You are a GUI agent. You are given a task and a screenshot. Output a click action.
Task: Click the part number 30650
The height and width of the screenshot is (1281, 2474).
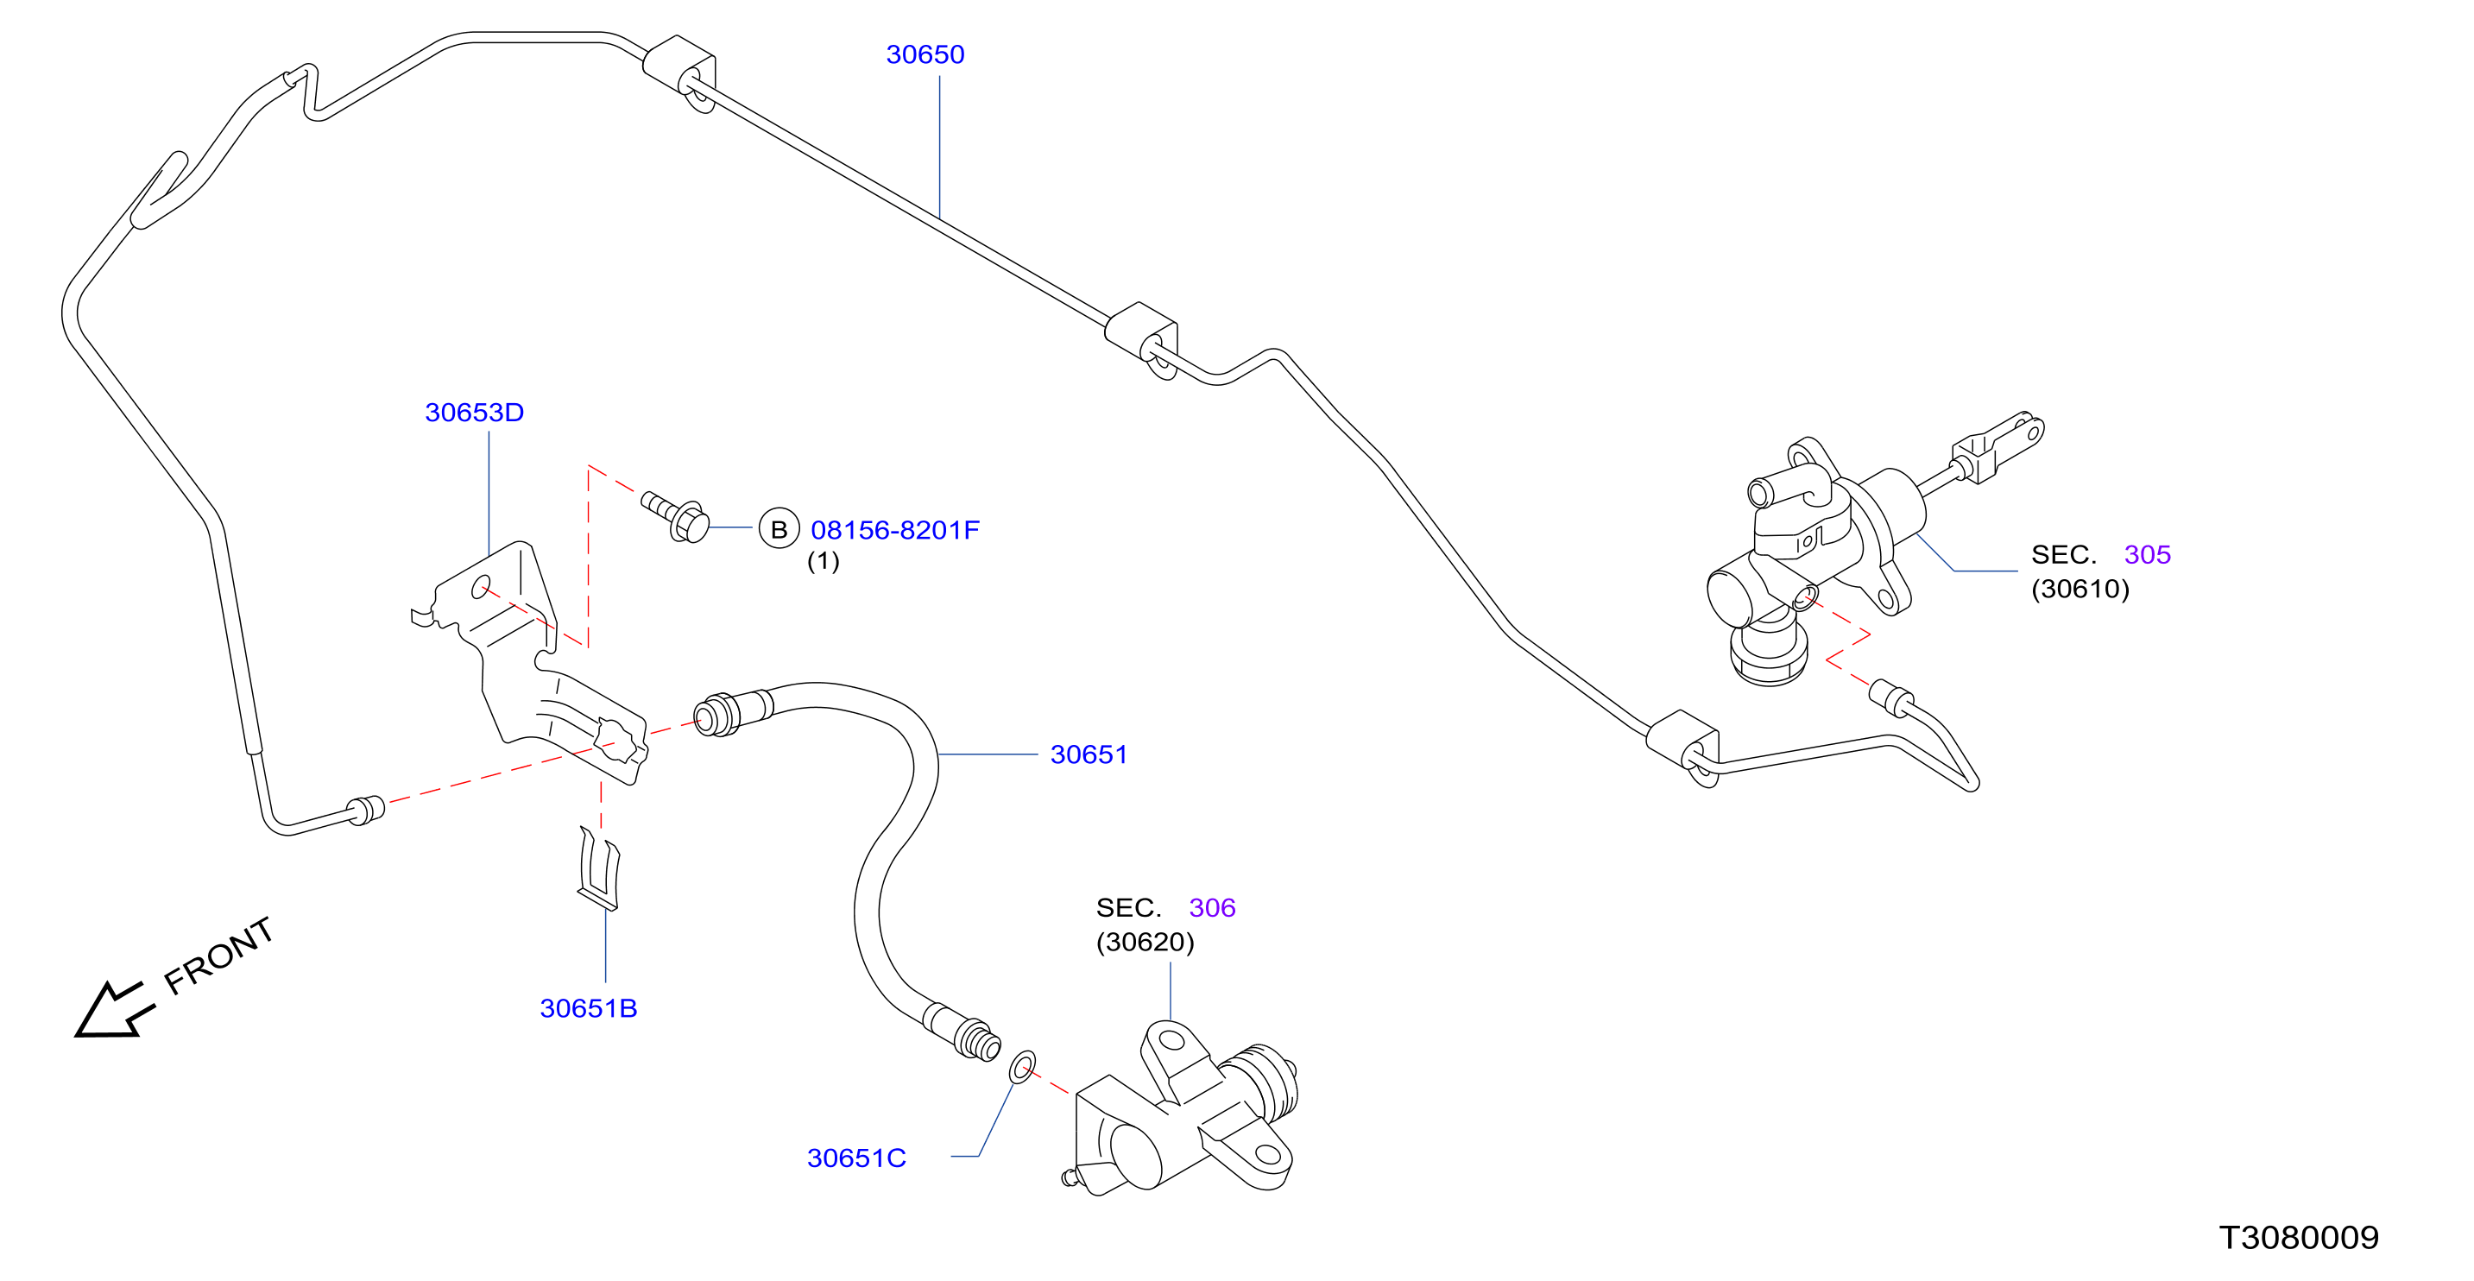pos(925,54)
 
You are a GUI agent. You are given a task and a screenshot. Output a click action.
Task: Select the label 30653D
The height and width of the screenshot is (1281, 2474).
pos(475,413)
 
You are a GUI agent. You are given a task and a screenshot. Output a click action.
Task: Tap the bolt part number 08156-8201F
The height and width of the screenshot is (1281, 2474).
pos(895,530)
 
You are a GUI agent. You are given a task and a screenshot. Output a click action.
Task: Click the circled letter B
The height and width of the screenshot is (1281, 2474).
pos(779,529)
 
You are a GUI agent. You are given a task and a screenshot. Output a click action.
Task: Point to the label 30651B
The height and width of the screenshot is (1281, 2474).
pos(589,1008)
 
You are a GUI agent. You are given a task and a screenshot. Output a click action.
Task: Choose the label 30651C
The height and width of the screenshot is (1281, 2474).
pos(856,1158)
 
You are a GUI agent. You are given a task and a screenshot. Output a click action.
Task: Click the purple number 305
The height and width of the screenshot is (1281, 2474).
pos(2148,555)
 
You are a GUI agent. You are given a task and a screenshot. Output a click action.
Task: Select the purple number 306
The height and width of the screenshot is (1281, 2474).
pos(1212,908)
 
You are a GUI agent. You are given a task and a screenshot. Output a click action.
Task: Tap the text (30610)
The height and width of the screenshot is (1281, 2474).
pos(2080,589)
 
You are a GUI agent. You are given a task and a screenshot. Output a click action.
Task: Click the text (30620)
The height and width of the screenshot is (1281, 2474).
pos(1145,942)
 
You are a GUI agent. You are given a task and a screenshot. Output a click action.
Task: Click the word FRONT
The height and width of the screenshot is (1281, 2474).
pos(219,956)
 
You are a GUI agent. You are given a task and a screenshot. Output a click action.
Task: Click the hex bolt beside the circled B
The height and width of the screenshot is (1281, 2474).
pos(676,516)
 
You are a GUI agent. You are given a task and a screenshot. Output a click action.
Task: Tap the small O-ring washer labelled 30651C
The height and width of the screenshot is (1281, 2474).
pos(1022,1067)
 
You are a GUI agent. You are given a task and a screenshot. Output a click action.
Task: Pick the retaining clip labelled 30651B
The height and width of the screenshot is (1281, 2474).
pos(599,868)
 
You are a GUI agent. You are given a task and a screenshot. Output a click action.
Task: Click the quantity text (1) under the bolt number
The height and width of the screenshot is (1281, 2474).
pos(823,561)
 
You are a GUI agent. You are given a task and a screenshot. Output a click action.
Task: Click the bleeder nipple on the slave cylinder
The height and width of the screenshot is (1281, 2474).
pos(1070,1177)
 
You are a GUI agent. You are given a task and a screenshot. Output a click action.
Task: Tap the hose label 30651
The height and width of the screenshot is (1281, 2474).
pos(1089,754)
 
